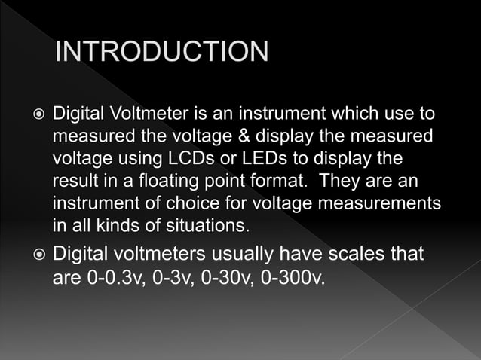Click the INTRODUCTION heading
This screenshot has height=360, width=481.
tap(162, 52)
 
